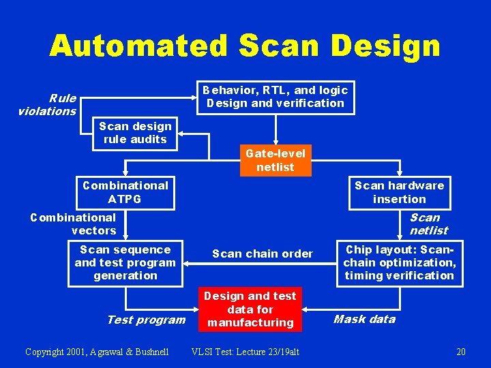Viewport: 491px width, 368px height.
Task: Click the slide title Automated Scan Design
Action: tap(245, 46)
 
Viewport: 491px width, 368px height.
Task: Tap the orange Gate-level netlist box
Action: tap(275, 160)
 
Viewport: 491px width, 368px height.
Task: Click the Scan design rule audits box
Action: tap(134, 133)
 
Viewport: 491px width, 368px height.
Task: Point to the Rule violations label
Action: tap(47, 105)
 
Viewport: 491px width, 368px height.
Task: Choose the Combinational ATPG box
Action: tap(125, 192)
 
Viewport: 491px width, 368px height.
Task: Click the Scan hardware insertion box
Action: tap(399, 192)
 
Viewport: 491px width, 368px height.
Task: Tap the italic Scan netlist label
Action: tap(428, 224)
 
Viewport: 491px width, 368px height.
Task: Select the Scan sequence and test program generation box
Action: tap(125, 263)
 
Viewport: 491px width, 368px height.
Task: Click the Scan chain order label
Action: tap(263, 254)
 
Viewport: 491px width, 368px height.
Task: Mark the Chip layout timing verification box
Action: tap(399, 263)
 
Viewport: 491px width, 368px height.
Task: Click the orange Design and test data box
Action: tap(250, 309)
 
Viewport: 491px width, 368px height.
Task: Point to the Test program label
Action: tap(146, 320)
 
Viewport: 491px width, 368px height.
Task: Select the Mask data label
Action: tap(364, 319)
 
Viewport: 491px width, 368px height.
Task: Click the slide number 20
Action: tap(461, 352)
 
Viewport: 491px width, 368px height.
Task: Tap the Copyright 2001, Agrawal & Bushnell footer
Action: tap(96, 352)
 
